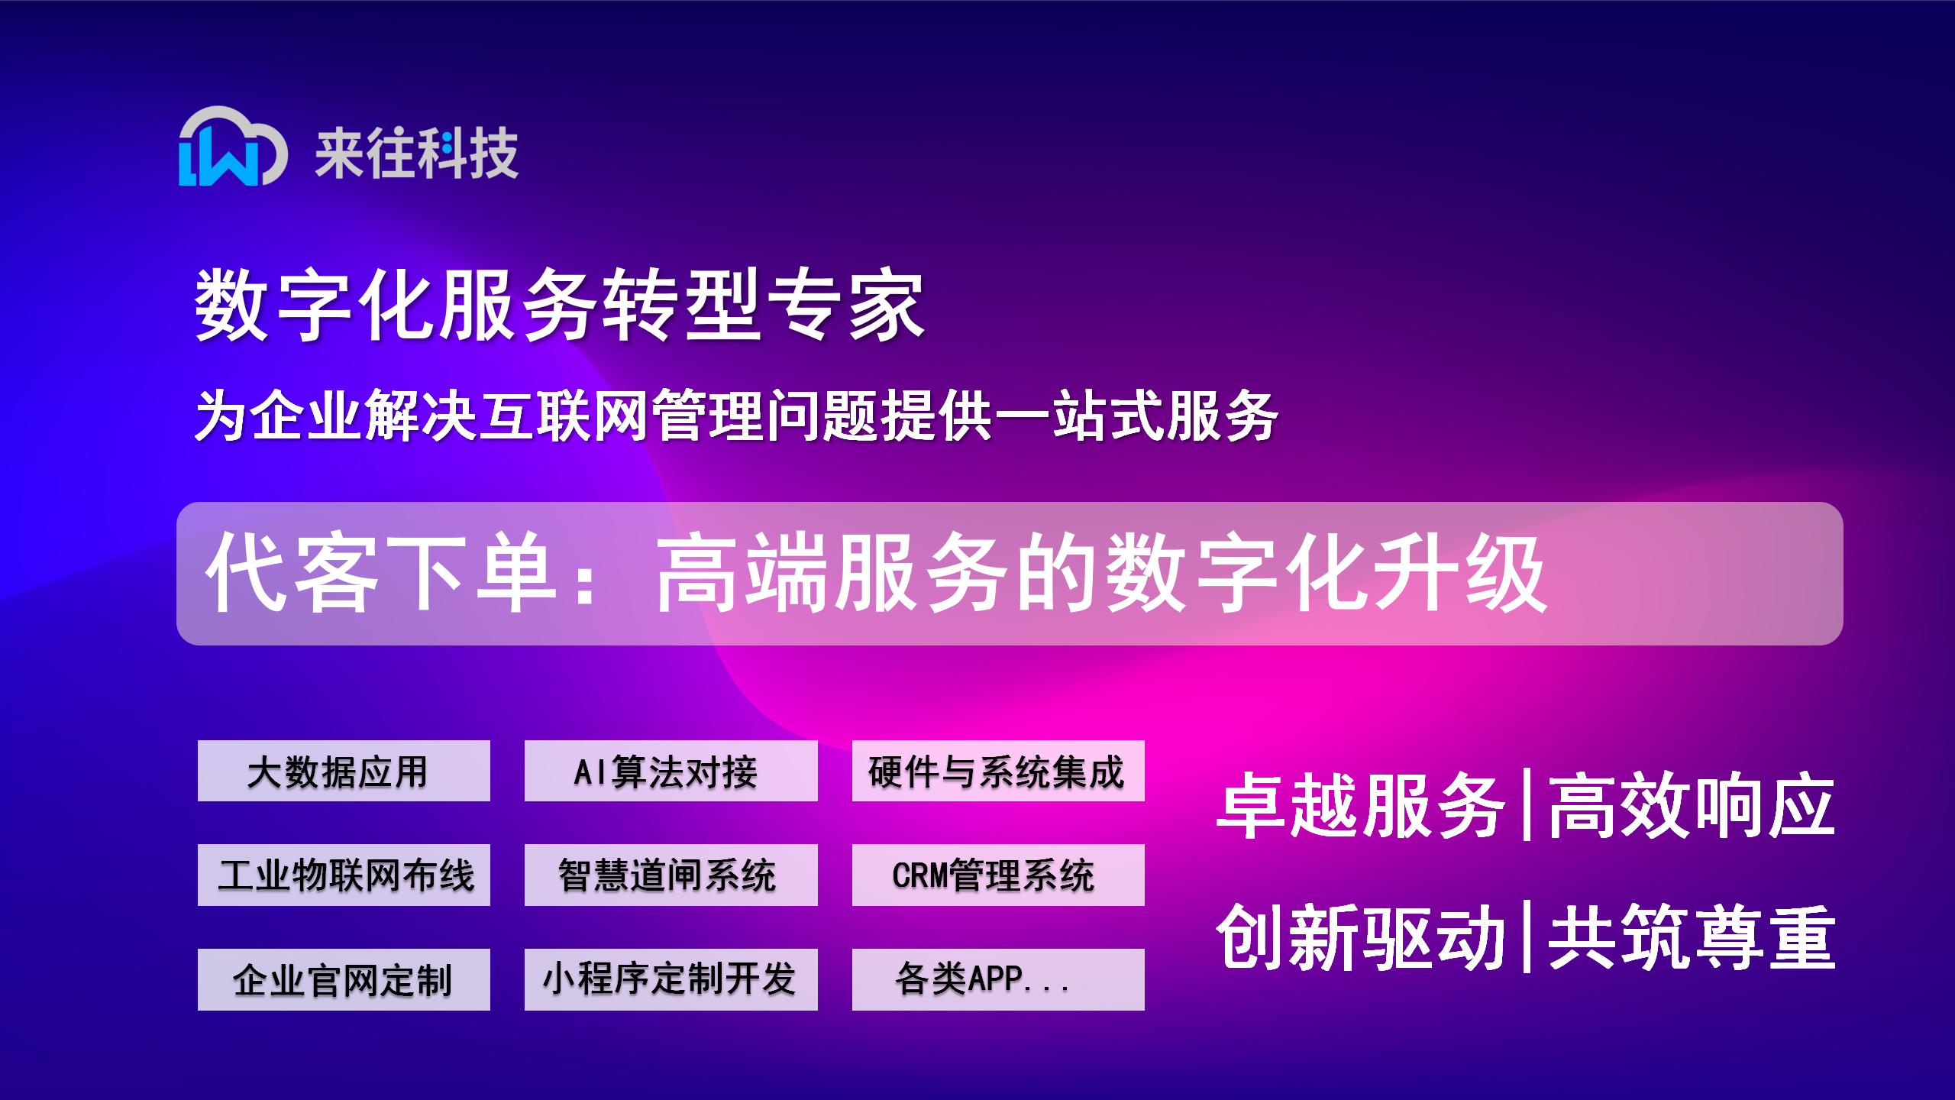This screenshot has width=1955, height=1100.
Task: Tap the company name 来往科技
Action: point(417,154)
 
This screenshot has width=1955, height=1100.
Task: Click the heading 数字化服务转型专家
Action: point(560,305)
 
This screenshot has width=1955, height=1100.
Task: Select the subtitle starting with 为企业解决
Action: point(736,416)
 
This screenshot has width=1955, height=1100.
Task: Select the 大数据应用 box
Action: point(344,771)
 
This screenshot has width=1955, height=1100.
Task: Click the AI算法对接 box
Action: point(671,771)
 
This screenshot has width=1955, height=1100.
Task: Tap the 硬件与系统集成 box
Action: point(998,771)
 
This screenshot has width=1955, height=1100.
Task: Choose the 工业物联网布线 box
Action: point(344,875)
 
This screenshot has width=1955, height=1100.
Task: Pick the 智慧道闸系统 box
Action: point(671,875)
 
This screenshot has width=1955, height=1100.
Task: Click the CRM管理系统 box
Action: point(998,875)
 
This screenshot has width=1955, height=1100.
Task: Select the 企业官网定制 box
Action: point(344,979)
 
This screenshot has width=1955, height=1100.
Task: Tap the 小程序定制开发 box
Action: point(671,979)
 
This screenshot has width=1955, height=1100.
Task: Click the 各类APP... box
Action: point(998,979)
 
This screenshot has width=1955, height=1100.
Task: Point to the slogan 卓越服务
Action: point(1360,806)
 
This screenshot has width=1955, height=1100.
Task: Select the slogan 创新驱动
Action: point(1360,937)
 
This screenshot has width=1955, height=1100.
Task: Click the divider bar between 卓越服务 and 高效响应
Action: point(1527,805)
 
